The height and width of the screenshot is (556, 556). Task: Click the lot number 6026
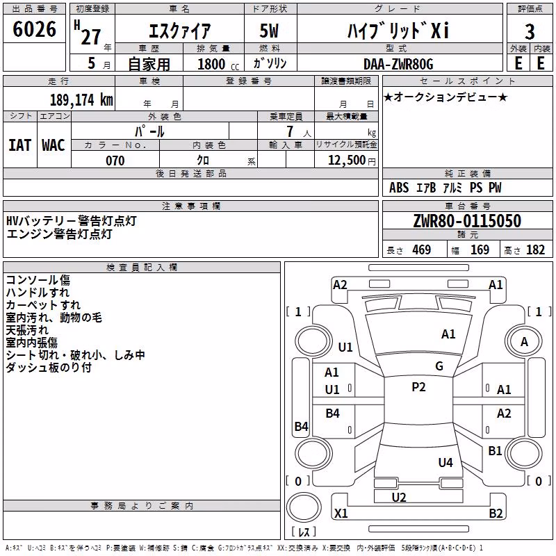(x=34, y=29)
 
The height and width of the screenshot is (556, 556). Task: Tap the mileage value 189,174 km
(x=81, y=100)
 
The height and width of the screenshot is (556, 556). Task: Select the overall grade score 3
(x=530, y=31)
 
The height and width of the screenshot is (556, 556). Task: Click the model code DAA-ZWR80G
(x=398, y=64)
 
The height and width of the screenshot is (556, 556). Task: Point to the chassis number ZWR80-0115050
(x=467, y=221)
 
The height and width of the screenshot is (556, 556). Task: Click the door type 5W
(x=269, y=31)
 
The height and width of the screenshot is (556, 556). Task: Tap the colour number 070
(x=115, y=161)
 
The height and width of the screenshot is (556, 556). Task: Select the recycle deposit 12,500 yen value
(x=352, y=160)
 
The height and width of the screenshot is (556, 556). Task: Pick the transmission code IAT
(x=20, y=145)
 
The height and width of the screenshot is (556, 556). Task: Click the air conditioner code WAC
(x=54, y=145)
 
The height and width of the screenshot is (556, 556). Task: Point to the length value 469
(x=422, y=250)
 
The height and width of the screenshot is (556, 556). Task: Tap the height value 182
(x=535, y=250)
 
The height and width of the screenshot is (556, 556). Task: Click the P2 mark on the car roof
(x=418, y=386)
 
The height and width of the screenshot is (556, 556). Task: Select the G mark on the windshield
(x=439, y=366)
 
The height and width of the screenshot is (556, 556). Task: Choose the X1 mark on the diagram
(x=341, y=513)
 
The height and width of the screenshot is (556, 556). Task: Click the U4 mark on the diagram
(x=445, y=462)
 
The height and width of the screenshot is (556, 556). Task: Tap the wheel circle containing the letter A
(x=524, y=341)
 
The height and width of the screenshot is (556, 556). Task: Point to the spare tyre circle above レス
(x=304, y=507)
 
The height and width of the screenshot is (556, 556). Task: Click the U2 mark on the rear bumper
(x=399, y=497)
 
